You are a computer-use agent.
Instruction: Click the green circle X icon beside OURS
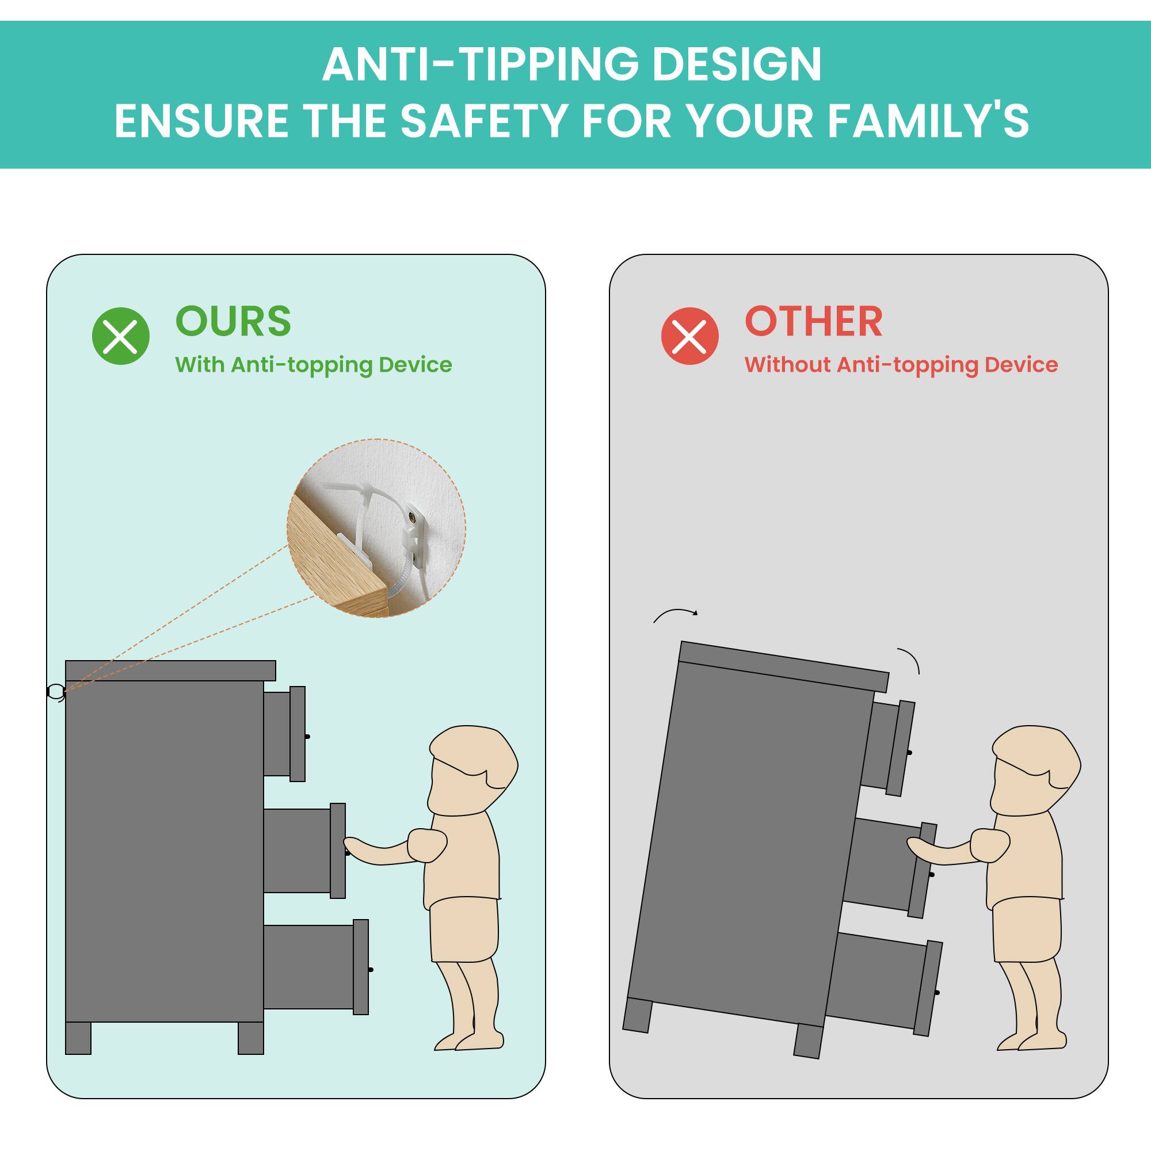click(120, 336)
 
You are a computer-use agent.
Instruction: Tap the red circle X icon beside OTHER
click(689, 336)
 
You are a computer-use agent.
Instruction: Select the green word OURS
click(233, 322)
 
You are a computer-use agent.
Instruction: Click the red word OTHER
click(813, 322)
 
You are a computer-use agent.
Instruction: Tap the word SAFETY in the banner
click(483, 121)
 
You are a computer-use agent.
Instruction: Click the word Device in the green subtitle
click(416, 365)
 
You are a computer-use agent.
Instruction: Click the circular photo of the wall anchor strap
click(376, 528)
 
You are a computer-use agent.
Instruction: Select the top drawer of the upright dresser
click(285, 734)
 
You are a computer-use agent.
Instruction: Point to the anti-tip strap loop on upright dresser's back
click(55, 692)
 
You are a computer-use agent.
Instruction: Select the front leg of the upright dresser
click(251, 1038)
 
